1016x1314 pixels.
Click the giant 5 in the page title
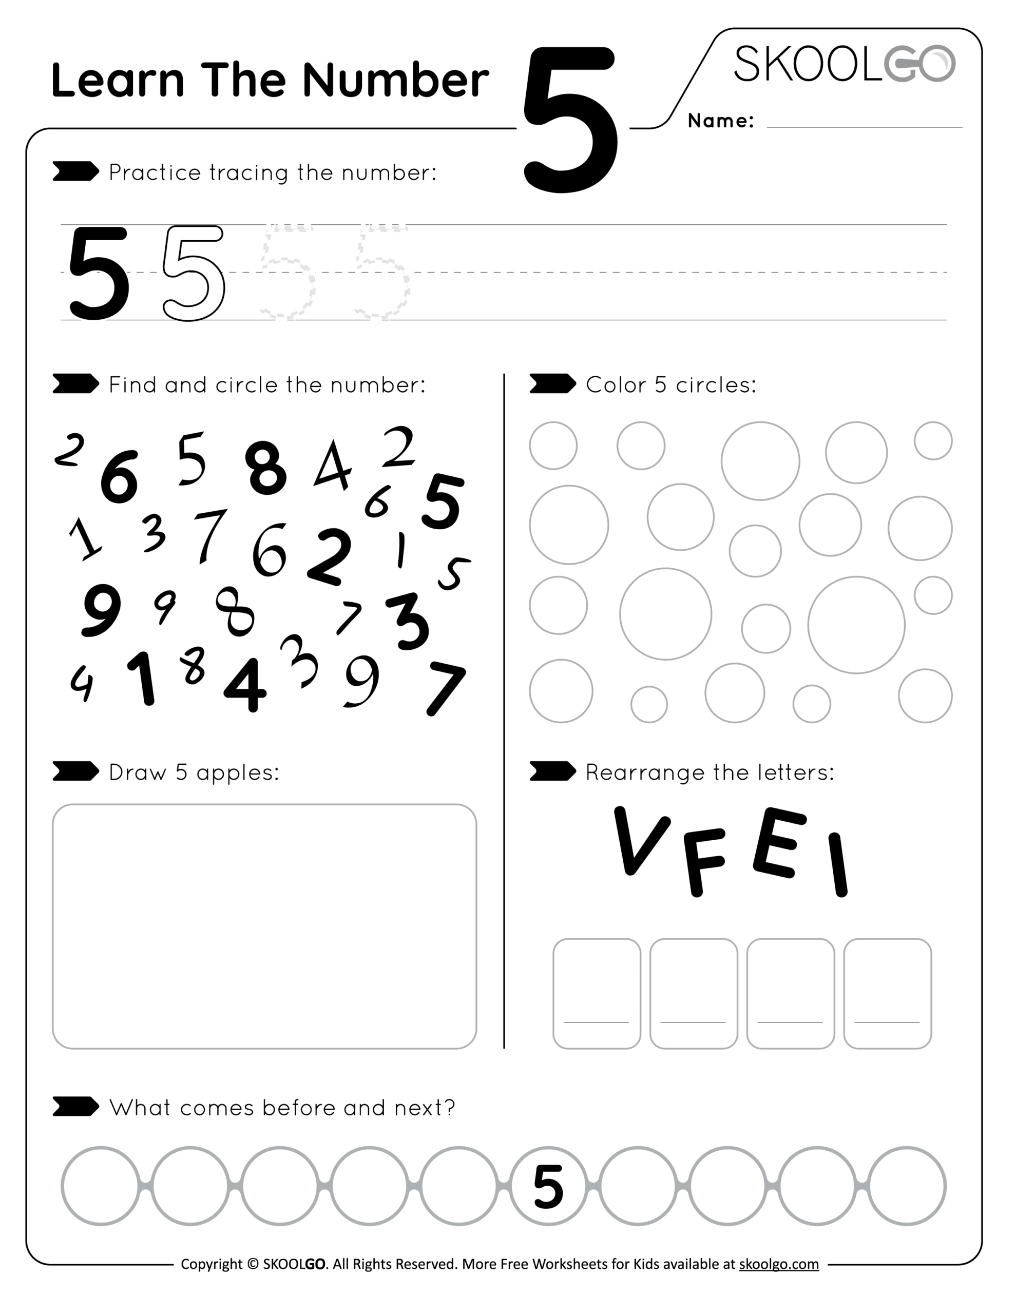click(570, 120)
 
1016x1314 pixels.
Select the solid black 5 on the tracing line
click(98, 273)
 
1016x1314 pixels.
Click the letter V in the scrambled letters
click(640, 841)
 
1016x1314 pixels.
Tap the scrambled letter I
click(838, 865)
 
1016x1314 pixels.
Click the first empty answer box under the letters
click(597, 993)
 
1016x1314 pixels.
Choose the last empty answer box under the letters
click(887, 993)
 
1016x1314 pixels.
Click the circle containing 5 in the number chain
click(548, 1186)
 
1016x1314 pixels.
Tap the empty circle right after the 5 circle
click(638, 1186)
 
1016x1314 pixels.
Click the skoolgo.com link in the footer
click(778, 1264)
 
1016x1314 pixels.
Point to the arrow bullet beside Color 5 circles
click(552, 384)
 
